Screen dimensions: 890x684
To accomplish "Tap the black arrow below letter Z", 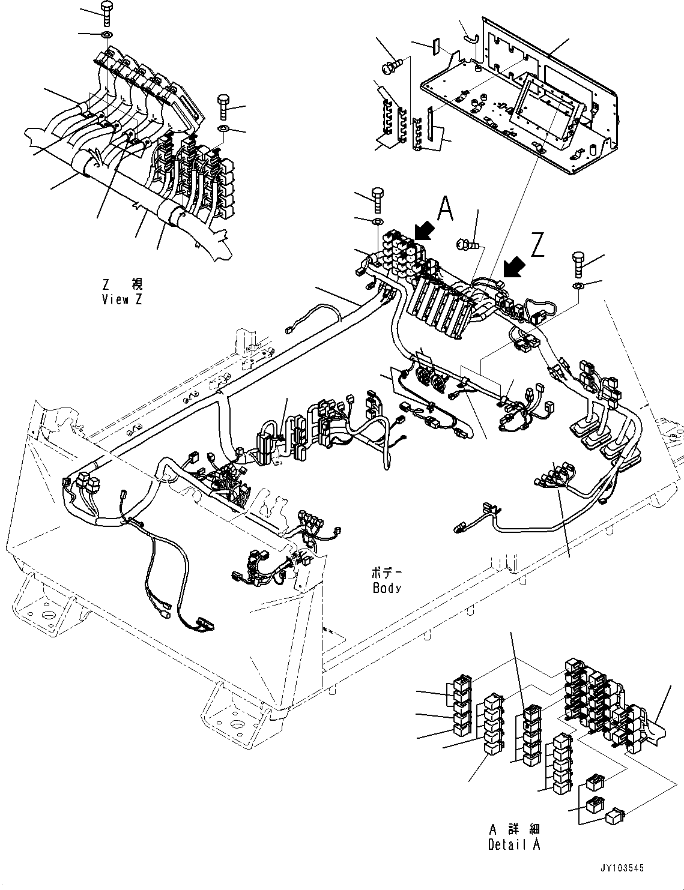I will coord(514,267).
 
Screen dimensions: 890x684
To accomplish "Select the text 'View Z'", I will coord(123,299).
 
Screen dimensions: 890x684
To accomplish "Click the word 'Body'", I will coord(386,588).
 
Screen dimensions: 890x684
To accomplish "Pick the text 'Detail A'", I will coord(514,844).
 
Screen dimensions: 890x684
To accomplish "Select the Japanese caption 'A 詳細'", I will coord(514,830).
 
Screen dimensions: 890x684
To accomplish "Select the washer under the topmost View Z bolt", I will coord(106,35).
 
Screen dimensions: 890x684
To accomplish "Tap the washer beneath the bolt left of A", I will coord(377,223).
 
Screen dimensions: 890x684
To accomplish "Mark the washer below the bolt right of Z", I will coord(577,284).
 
